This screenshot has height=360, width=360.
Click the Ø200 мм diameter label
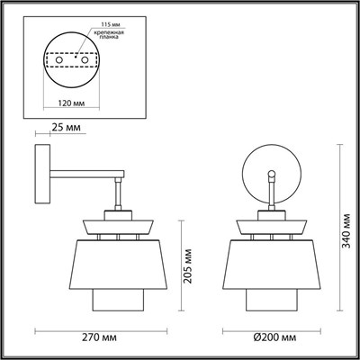[272, 335]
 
